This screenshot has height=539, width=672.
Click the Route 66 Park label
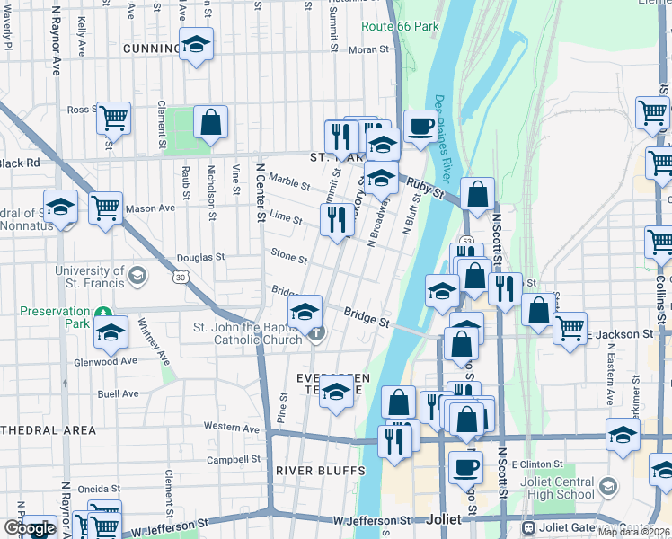(400, 26)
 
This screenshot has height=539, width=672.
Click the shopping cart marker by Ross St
(114, 117)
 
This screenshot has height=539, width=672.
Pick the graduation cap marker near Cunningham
(196, 45)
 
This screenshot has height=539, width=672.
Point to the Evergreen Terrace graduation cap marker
(336, 393)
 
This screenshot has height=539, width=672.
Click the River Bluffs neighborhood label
(321, 470)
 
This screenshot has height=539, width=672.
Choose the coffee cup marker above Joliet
(464, 466)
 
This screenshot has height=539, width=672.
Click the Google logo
(29, 528)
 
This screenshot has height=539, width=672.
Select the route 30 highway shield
(181, 278)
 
